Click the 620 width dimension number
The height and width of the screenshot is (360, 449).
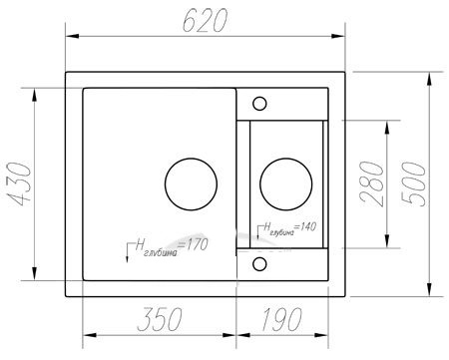[x=205, y=20]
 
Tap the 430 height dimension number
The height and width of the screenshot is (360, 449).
[x=20, y=184]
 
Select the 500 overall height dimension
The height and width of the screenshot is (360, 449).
[x=413, y=184]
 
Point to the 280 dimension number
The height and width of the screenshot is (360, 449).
[x=372, y=183]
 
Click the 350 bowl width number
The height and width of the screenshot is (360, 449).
[x=160, y=319]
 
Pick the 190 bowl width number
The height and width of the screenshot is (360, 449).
[x=282, y=319]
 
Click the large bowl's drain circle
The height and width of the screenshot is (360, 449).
[x=191, y=184]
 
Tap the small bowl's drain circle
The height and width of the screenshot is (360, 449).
[x=286, y=184]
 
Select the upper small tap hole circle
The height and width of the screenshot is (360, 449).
[x=259, y=104]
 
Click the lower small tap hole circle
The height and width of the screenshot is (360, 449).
[x=259, y=264]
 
